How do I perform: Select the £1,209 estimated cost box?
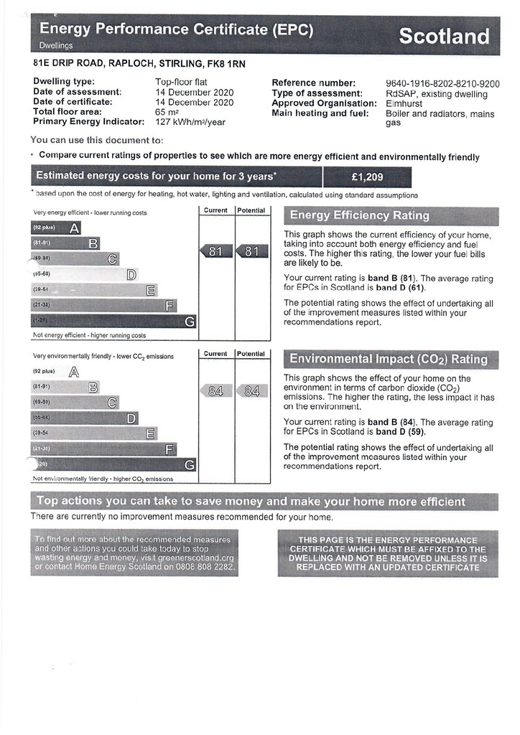(x=368, y=177)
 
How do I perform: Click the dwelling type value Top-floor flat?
(x=181, y=83)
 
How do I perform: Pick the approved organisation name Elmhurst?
(x=404, y=103)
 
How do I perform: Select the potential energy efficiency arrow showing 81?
(x=251, y=251)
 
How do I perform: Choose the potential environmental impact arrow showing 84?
(x=251, y=391)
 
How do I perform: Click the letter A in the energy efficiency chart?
(x=74, y=229)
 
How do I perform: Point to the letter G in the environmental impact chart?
(x=189, y=464)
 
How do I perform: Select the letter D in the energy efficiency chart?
(x=131, y=275)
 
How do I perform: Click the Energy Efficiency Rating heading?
(x=359, y=215)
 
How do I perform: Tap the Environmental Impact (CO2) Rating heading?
(x=388, y=359)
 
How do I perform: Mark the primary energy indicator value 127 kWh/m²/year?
(x=190, y=122)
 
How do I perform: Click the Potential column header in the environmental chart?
(x=251, y=354)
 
